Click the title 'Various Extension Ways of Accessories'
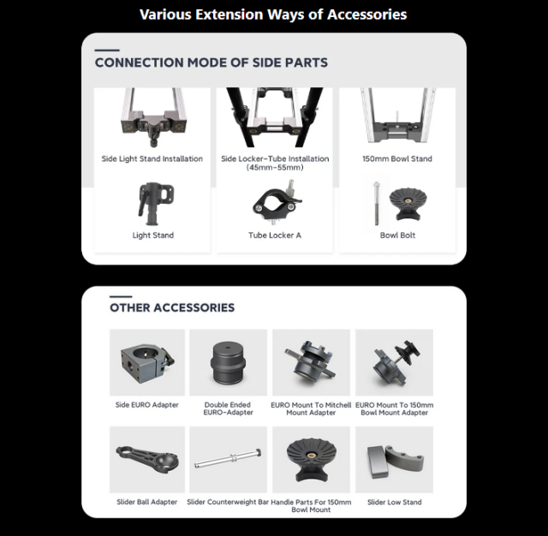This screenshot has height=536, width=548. [273, 15]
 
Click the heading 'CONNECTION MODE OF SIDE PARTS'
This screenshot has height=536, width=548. [211, 63]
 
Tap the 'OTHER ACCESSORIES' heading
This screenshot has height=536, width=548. [172, 307]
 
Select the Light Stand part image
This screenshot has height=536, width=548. [156, 204]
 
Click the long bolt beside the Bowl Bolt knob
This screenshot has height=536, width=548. [376, 204]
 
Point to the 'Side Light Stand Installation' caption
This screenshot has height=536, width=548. [152, 158]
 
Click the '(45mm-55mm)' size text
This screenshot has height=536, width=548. [275, 167]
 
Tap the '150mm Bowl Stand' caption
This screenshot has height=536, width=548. [397, 158]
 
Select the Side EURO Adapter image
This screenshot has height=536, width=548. [147, 362]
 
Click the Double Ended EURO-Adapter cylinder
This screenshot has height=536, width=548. [228, 362]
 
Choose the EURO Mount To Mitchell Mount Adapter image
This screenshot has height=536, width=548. [311, 362]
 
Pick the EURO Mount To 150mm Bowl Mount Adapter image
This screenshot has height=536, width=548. [394, 362]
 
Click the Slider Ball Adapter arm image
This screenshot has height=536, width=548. [147, 460]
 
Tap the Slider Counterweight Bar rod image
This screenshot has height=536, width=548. [228, 459]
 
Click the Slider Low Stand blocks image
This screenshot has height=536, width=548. [395, 462]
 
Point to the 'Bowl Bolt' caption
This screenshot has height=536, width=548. [397, 235]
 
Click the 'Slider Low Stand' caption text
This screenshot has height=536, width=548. [394, 502]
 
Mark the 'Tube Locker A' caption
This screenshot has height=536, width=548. [275, 235]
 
